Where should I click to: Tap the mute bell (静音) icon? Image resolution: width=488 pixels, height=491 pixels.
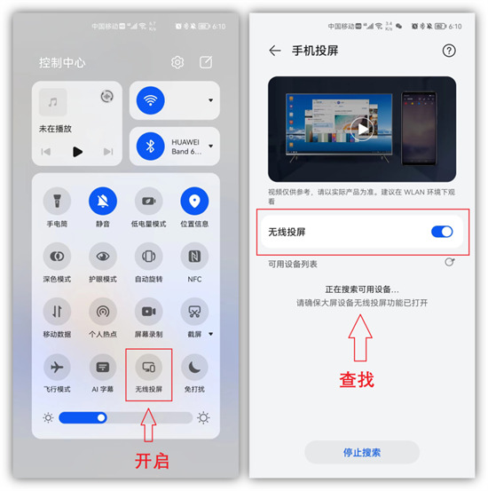coord(103,202)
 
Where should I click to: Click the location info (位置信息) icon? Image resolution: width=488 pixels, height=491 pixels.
coord(194,202)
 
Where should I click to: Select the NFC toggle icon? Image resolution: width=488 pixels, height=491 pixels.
coord(194,257)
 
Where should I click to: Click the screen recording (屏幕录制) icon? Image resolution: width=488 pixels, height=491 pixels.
coord(148,312)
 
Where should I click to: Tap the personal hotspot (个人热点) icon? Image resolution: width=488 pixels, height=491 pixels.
coord(103,312)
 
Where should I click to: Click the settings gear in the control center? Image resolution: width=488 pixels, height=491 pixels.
coord(177,62)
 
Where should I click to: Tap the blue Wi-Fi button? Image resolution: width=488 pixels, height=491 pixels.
coord(150,100)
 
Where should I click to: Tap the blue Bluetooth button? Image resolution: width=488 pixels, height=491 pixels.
coord(150,146)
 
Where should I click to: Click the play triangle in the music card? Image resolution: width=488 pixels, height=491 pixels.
coord(77,152)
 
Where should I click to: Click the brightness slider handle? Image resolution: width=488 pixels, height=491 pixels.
coord(102,417)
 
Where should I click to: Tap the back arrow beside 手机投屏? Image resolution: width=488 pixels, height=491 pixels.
coord(275,51)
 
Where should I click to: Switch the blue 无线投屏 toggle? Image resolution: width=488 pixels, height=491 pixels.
coord(442,232)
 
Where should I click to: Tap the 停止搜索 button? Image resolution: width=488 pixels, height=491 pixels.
coord(362,452)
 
